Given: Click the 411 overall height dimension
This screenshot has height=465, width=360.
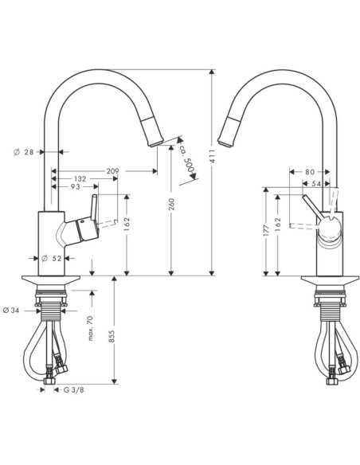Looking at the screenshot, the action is pyautogui.click(x=212, y=157).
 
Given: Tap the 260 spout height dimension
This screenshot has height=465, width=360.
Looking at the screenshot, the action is pyautogui.click(x=171, y=205).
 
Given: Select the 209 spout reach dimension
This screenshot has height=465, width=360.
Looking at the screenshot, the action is pyautogui.click(x=112, y=171).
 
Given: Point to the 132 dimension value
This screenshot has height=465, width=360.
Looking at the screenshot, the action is pyautogui.click(x=80, y=179).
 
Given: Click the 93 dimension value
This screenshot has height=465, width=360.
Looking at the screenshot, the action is pyautogui.click(x=76, y=187).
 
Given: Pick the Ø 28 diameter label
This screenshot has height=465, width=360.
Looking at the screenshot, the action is pyautogui.click(x=24, y=152).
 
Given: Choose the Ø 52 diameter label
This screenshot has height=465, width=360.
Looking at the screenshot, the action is pyautogui.click(x=51, y=259).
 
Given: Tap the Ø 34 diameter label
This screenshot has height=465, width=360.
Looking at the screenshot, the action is pyautogui.click(x=11, y=311).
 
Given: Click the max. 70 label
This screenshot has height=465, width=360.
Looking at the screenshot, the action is pyautogui.click(x=91, y=328).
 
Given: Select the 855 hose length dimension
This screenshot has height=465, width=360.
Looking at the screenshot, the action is pyautogui.click(x=112, y=337).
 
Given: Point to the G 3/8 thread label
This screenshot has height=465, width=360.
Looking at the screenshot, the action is pyautogui.click(x=73, y=389).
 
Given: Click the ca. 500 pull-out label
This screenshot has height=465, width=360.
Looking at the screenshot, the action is pyautogui.click(x=187, y=158).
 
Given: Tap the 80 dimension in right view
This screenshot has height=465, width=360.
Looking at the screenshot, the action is pyautogui.click(x=310, y=172).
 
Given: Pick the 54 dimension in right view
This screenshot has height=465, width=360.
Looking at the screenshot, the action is pyautogui.click(x=317, y=184).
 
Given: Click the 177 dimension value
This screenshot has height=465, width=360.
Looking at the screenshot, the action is pyautogui.click(x=266, y=230).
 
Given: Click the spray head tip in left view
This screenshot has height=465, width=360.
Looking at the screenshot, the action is pyautogui.click(x=155, y=144).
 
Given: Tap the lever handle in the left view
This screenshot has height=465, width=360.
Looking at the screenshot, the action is pyautogui.click(x=94, y=208).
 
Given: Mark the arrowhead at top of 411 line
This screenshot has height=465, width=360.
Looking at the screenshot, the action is pyautogui.click(x=211, y=72).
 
